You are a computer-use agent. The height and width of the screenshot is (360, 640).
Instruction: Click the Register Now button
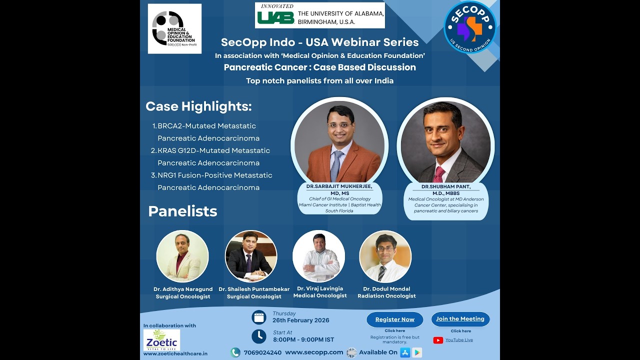394,319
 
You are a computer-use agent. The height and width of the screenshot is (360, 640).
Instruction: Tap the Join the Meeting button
460,319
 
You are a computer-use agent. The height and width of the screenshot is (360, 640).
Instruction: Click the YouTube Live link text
459,340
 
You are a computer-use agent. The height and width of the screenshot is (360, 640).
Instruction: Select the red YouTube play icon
438,340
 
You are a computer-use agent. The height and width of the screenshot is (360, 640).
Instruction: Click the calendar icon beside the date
258,317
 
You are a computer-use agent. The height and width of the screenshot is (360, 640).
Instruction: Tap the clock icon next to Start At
258,336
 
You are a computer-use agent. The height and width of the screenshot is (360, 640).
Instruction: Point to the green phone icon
235,352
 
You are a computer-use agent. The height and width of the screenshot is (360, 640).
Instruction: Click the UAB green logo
275,17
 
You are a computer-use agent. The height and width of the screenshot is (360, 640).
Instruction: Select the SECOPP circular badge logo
469,27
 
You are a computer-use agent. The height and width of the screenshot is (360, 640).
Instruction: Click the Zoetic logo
161,340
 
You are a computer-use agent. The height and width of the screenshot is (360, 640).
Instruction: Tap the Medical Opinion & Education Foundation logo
174,28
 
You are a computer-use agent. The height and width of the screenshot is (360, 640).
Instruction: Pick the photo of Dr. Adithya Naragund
182,256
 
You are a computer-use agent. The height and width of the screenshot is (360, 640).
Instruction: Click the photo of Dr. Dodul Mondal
385,256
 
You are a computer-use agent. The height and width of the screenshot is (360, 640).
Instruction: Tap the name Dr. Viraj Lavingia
320,288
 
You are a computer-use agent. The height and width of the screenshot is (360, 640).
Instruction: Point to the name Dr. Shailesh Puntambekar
254,289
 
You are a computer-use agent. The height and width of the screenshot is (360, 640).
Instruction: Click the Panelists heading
182,211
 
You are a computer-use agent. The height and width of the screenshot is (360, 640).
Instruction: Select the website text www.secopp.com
314,352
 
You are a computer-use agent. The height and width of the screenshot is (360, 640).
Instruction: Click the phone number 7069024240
262,352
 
